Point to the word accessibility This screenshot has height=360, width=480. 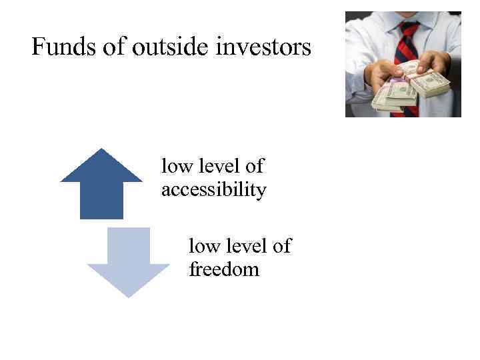[x=213, y=191]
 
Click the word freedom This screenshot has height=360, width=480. [x=224, y=270]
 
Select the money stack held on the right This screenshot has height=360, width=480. [x=430, y=82]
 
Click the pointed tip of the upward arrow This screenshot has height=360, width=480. [x=101, y=150]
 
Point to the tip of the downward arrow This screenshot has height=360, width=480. [x=129, y=295]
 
